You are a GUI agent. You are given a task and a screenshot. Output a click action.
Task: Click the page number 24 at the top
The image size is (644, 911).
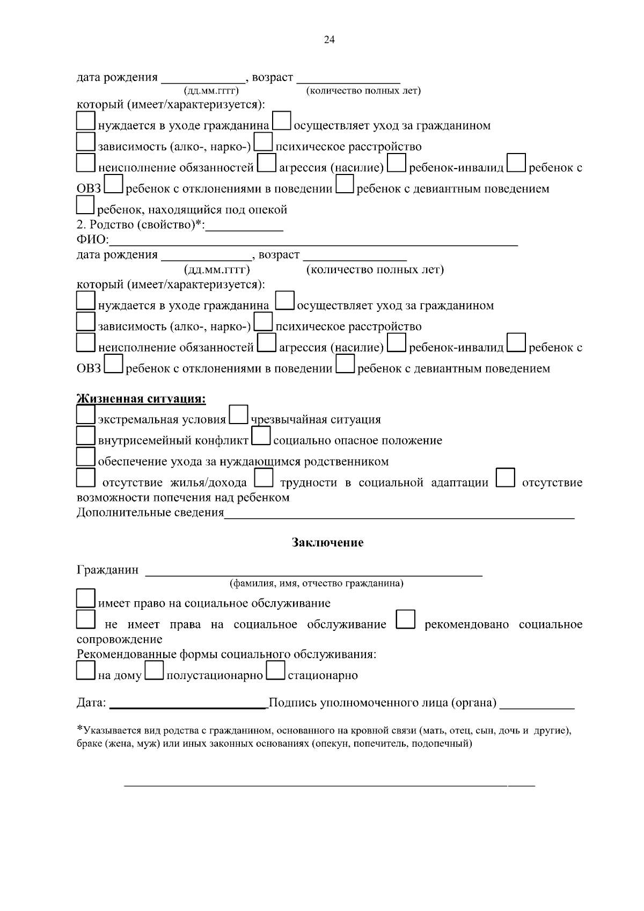click(x=329, y=40)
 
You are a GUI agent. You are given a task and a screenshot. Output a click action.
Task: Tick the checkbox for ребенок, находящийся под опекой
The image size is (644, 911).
click(x=86, y=205)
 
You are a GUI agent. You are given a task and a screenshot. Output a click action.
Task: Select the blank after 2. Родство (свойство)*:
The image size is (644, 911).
click(x=245, y=226)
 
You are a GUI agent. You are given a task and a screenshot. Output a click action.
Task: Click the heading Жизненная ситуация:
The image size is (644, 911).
click(x=142, y=399)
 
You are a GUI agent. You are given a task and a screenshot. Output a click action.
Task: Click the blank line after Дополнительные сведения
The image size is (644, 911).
click(x=399, y=514)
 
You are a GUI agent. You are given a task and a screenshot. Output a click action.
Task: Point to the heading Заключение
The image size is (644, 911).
click(x=327, y=543)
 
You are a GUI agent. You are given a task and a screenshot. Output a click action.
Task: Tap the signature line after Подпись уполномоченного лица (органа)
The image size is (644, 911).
click(x=537, y=704)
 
